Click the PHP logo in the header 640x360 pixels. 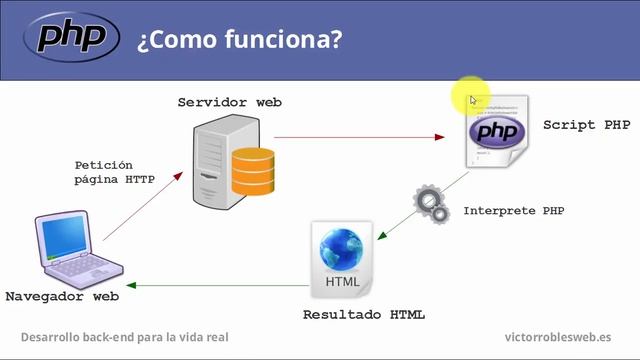tap(72, 38)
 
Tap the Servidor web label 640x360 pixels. tap(229, 103)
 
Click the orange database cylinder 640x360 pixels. tap(252, 171)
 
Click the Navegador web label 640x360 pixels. tap(62, 297)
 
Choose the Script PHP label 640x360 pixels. tap(586, 125)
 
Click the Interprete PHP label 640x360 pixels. tap(514, 212)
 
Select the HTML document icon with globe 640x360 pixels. tap(342, 260)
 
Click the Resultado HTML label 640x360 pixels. tap(363, 315)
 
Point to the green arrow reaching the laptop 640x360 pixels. tap(210, 287)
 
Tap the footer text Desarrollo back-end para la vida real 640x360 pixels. tap(124, 337)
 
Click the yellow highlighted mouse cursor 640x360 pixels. tap(471, 97)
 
